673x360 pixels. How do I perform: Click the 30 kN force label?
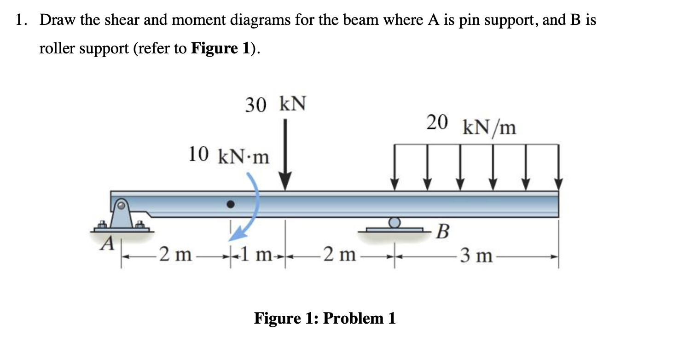275,105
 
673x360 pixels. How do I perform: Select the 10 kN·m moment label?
229,156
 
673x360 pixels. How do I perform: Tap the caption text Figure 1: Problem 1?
325,318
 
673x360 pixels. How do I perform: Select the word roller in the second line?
59,48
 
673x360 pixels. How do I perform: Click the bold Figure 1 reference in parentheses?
220,48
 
